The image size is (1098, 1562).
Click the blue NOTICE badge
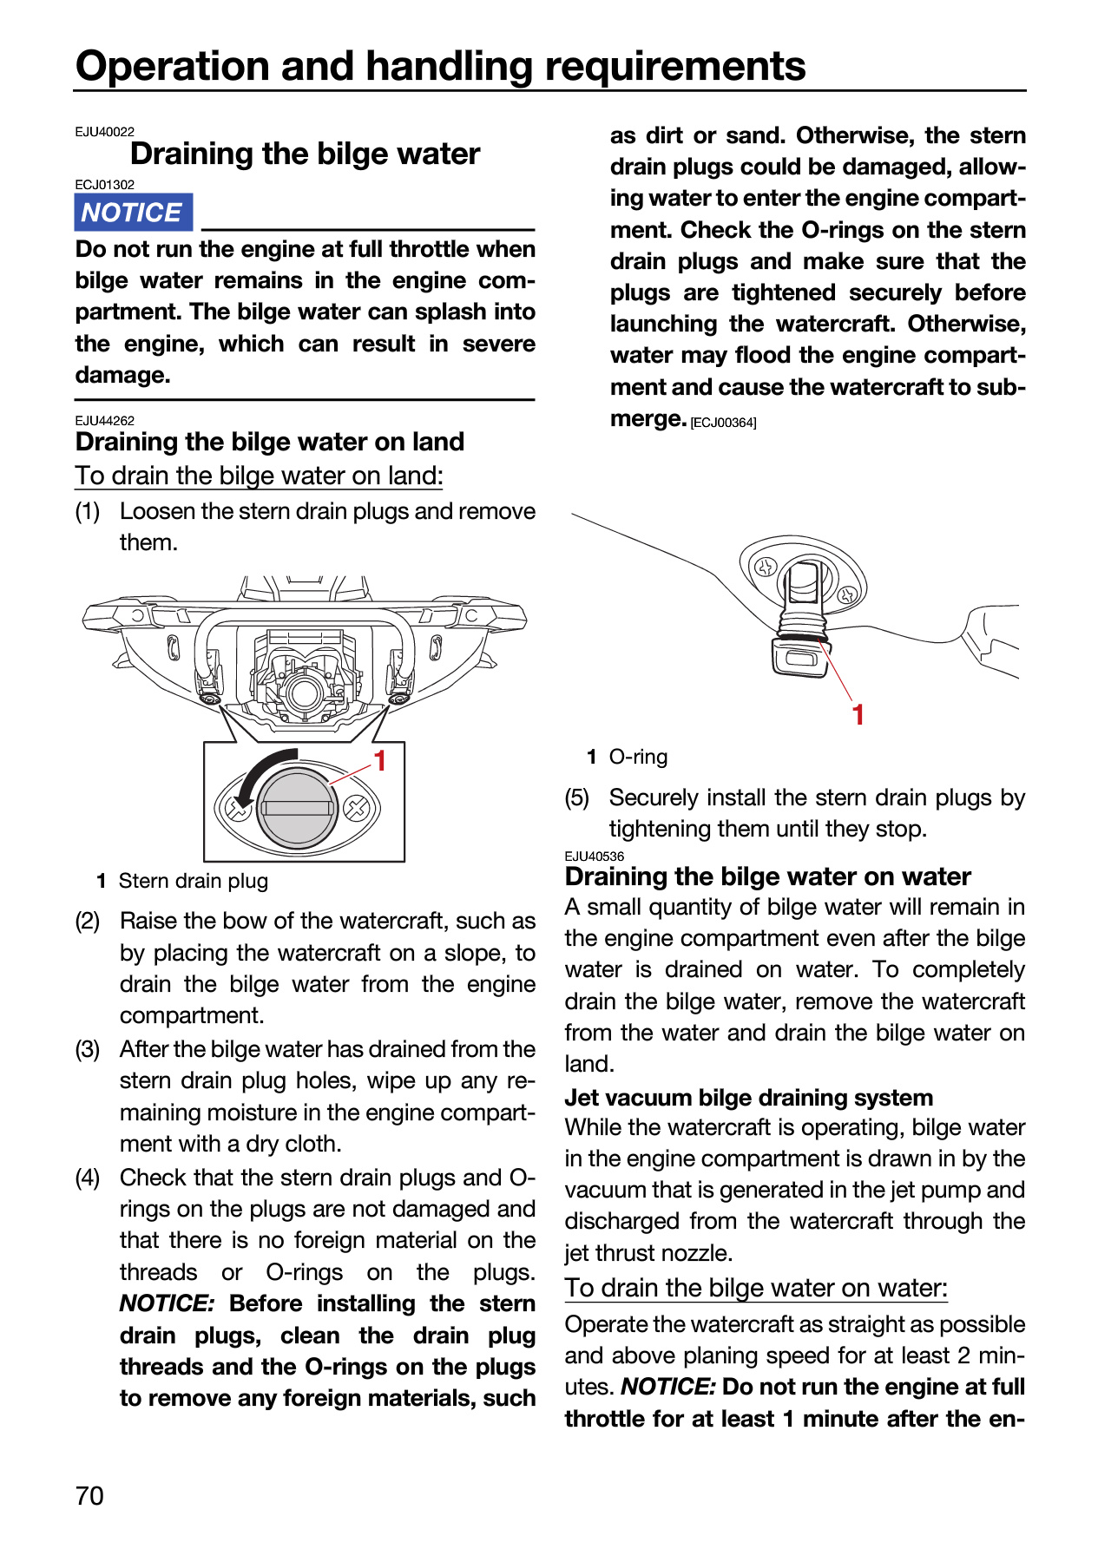tap(134, 213)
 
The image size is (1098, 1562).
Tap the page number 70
tap(89, 1495)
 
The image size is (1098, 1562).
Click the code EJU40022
tap(105, 132)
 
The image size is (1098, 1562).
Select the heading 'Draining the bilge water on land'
tap(270, 442)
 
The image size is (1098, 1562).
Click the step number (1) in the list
tap(88, 511)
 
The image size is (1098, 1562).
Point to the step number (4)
tap(88, 1178)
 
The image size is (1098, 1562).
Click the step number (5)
tap(577, 797)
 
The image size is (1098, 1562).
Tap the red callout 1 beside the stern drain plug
tap(379, 761)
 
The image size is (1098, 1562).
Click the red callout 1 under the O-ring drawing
tap(858, 715)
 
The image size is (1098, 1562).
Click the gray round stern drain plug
tap(297, 808)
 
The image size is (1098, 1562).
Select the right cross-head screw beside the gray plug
tap(356, 809)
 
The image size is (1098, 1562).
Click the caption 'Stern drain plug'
tap(194, 881)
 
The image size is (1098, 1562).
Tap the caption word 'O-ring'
tap(639, 757)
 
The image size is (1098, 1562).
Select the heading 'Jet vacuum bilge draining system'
tap(749, 1098)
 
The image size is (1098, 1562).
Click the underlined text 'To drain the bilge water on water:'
tap(756, 1288)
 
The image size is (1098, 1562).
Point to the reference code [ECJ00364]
tap(724, 423)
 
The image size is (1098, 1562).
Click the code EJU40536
tap(595, 856)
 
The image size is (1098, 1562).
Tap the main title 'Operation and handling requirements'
tap(441, 66)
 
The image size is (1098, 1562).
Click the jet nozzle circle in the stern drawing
tap(304, 692)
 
